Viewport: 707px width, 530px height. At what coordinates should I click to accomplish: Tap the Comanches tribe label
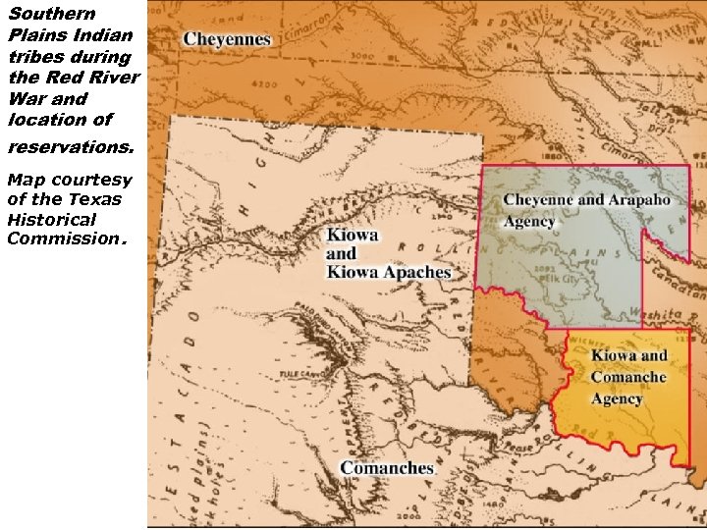coord(388,468)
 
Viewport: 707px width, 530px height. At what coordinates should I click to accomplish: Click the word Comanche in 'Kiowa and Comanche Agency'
coord(628,377)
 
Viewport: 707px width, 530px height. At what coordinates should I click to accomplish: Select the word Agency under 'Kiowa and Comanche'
coord(617,398)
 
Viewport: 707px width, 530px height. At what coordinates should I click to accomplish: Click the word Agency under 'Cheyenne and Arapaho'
coord(529,221)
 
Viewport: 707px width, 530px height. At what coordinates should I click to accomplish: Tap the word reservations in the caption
coord(68,147)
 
